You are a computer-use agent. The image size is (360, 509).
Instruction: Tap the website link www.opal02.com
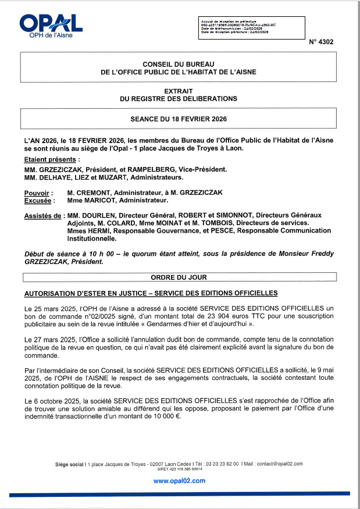pyautogui.click(x=179, y=480)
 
